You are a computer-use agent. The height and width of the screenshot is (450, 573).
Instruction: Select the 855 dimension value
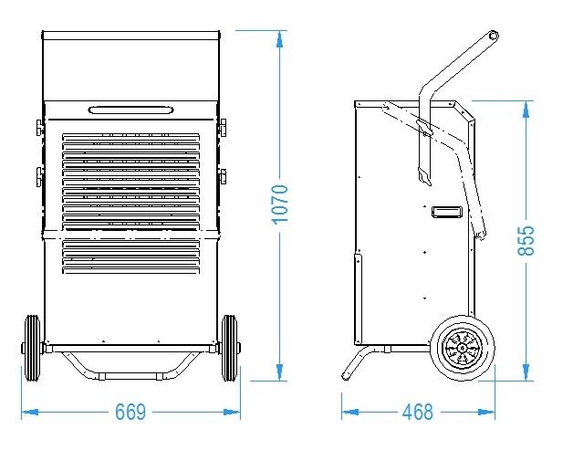(x=526, y=240)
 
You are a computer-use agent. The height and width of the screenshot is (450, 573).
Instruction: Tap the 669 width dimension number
(x=130, y=412)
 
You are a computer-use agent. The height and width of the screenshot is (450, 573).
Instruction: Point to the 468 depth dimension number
(x=417, y=412)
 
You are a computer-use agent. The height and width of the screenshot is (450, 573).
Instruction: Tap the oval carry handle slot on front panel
(x=130, y=110)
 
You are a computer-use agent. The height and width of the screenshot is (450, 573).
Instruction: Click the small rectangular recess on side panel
(x=446, y=212)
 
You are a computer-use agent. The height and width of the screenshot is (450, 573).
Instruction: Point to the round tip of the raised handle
(x=494, y=36)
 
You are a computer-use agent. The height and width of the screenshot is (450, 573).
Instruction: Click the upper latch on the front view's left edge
(x=39, y=127)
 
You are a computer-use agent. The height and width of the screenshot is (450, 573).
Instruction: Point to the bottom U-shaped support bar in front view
(x=130, y=371)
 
